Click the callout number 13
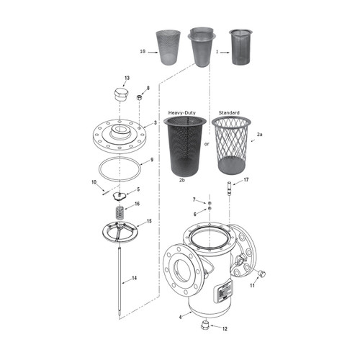pos(127,77)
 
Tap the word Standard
pos(229,113)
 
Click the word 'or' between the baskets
pos(207,143)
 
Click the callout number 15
pos(149,221)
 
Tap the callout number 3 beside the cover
pos(155,123)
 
